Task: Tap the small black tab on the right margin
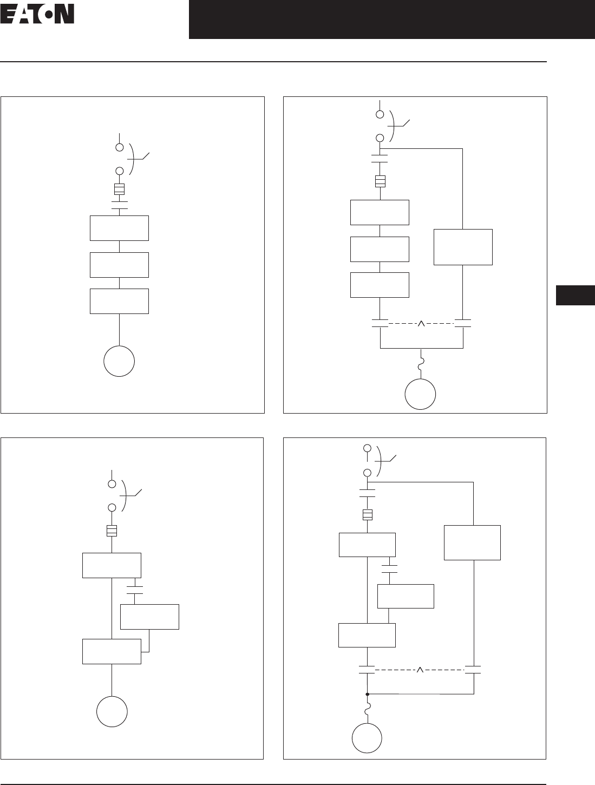click(x=575, y=296)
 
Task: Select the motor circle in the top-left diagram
click(x=119, y=361)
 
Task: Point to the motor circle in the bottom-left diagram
click(x=112, y=711)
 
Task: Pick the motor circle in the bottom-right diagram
click(x=367, y=738)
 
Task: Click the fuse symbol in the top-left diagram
click(x=120, y=189)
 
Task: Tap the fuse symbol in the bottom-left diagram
click(x=112, y=531)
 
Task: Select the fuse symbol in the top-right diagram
click(x=380, y=181)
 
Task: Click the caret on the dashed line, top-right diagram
click(x=421, y=324)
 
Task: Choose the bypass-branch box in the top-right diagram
click(x=463, y=247)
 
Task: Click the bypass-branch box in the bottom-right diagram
click(x=472, y=542)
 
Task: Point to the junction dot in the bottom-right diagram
click(x=367, y=694)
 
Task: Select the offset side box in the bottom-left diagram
click(x=149, y=617)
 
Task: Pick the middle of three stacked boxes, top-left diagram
click(x=119, y=265)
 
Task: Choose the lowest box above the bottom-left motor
click(x=112, y=651)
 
